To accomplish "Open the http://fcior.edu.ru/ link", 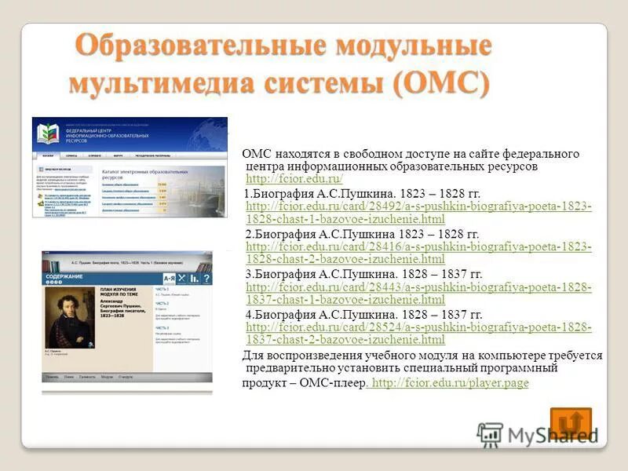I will coord(294,180).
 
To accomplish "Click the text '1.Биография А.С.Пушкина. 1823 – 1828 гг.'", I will coord(373,193).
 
